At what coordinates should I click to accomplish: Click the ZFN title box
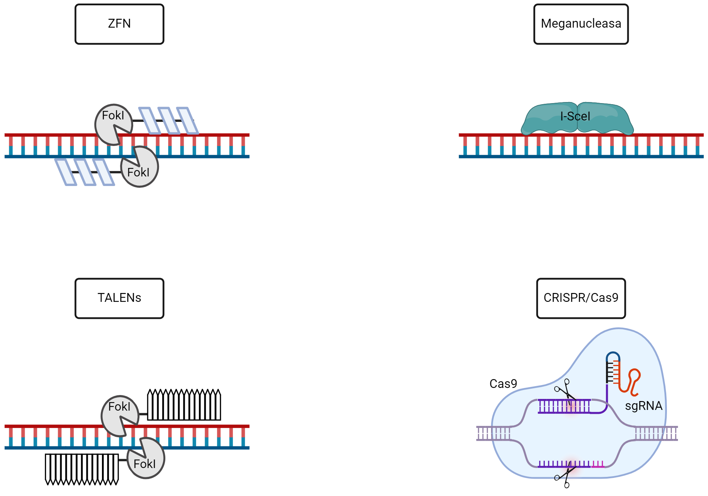click(x=119, y=24)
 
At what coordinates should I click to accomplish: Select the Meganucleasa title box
click(x=581, y=24)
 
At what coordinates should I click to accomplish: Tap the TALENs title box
click(x=119, y=298)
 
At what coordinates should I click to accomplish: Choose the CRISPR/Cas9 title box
click(x=581, y=298)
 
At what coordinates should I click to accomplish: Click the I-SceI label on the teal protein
click(x=575, y=116)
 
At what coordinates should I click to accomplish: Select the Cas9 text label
click(x=503, y=384)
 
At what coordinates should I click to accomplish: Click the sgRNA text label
click(x=644, y=406)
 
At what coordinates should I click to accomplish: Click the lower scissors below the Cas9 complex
click(x=564, y=477)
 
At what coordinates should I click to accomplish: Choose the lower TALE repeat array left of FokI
click(x=82, y=469)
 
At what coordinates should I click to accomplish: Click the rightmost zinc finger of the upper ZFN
click(x=187, y=121)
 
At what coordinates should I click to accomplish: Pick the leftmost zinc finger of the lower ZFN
click(x=65, y=172)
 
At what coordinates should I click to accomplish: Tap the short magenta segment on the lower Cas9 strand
click(x=598, y=465)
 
